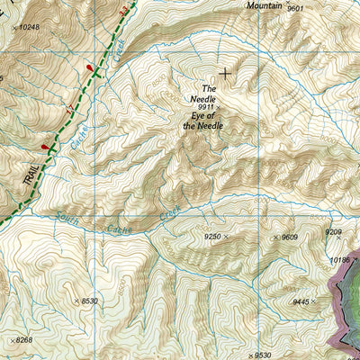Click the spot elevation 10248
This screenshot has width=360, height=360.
30,28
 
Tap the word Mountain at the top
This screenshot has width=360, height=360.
265,5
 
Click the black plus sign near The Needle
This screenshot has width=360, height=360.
224,73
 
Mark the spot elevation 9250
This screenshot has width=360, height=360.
212,236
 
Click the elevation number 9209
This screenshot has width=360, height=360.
334,233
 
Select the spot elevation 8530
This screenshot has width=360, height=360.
88,301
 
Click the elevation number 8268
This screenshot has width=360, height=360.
24,340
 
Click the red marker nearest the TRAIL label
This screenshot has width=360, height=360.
44,148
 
